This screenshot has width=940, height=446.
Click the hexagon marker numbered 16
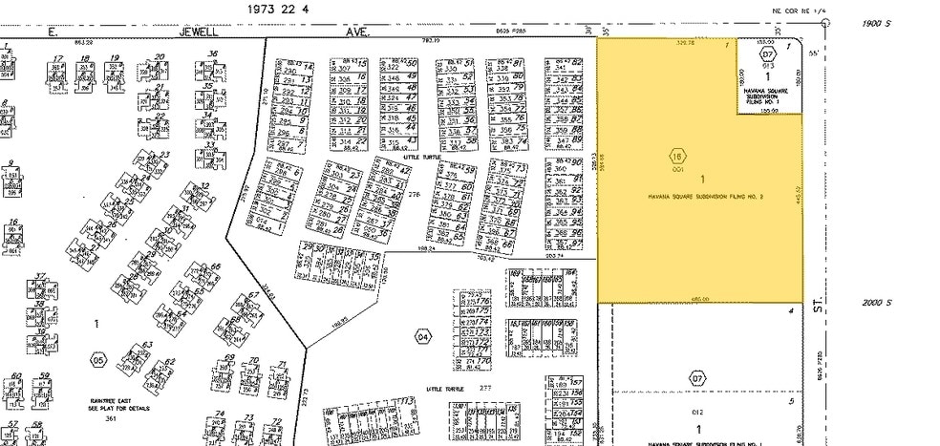click(678, 156)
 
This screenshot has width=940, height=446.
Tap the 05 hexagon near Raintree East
click(97, 360)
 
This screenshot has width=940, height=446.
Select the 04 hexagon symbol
click(424, 335)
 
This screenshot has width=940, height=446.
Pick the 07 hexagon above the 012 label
click(697, 378)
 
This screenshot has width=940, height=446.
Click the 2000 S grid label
click(876, 302)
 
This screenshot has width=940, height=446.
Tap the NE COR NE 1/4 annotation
click(797, 11)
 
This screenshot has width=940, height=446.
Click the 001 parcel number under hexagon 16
click(678, 169)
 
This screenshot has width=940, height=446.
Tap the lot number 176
click(483, 309)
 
